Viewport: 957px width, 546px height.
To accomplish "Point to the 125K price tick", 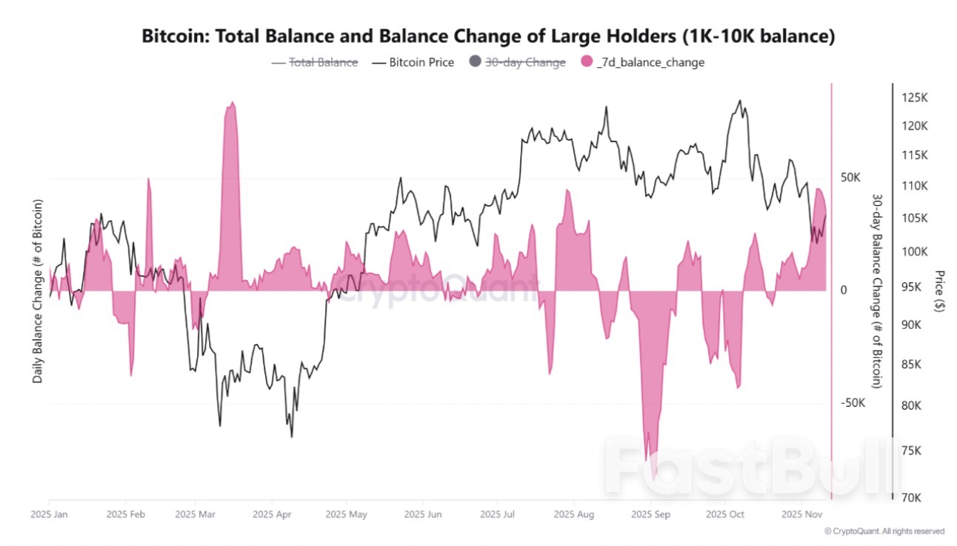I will [916, 98].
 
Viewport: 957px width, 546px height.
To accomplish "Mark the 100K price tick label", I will [916, 251].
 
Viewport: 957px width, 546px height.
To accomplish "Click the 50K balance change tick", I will [850, 178].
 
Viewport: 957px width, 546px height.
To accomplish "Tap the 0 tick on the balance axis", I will [844, 290].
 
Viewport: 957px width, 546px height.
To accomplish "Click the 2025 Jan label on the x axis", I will [49, 513].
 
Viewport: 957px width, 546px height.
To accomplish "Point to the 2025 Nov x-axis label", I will [801, 513].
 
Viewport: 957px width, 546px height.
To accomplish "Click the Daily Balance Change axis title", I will [37, 291].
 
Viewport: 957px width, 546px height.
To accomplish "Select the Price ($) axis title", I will [939, 290].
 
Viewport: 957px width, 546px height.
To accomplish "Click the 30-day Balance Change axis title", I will [877, 291].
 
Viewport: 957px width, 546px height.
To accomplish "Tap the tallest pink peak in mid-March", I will [232, 104].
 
